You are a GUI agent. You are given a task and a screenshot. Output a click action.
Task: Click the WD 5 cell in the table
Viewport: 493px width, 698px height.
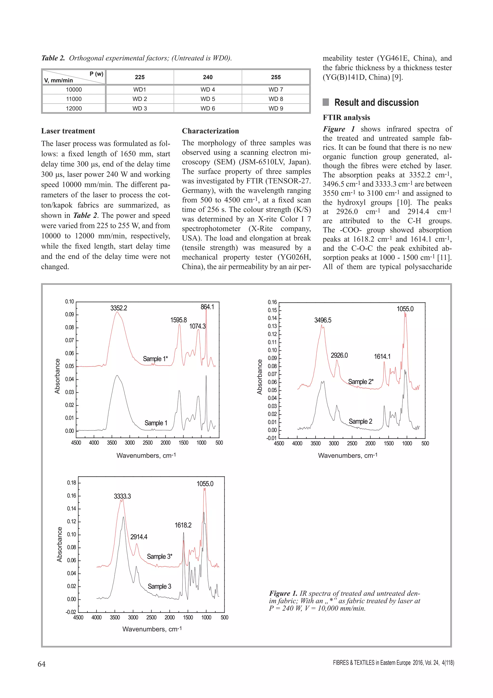pos(208,99)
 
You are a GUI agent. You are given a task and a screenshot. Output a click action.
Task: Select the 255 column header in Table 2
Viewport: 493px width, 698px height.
pos(276,77)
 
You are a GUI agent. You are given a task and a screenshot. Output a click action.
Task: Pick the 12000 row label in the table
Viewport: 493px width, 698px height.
pos(74,108)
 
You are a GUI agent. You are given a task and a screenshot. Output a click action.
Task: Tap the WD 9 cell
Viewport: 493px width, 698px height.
pos(276,108)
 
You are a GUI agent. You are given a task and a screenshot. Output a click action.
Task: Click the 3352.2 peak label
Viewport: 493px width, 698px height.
pos(119,308)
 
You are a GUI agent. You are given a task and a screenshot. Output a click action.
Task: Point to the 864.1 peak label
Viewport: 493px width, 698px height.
pos(207,307)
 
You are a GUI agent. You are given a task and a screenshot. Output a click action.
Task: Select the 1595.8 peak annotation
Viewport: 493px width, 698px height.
pos(179,320)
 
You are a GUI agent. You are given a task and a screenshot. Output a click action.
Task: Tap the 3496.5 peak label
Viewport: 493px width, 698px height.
pos(323,320)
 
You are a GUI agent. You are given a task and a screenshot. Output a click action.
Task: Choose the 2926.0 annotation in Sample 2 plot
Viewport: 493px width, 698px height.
pos(339,355)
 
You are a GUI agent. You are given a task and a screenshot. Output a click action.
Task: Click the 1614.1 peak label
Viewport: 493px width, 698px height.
pos(382,356)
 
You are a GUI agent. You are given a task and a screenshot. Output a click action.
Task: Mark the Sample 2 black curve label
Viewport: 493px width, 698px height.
pos(360,421)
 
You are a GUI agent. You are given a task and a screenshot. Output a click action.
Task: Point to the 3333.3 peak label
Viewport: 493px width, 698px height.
pos(122,496)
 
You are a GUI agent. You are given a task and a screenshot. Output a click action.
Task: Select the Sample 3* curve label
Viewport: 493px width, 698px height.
pos(160,556)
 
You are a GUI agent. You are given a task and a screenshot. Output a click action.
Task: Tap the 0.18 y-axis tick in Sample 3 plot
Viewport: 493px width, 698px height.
pos(72,483)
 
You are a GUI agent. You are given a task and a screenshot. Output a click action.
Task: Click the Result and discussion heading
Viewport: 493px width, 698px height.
pos(376,102)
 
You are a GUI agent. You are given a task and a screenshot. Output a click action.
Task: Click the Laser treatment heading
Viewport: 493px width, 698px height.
pos(68,131)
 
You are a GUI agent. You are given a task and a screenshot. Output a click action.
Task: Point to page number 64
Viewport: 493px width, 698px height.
pos(42,664)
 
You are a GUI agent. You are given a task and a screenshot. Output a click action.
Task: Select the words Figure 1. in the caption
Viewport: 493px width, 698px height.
pos(283,593)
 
